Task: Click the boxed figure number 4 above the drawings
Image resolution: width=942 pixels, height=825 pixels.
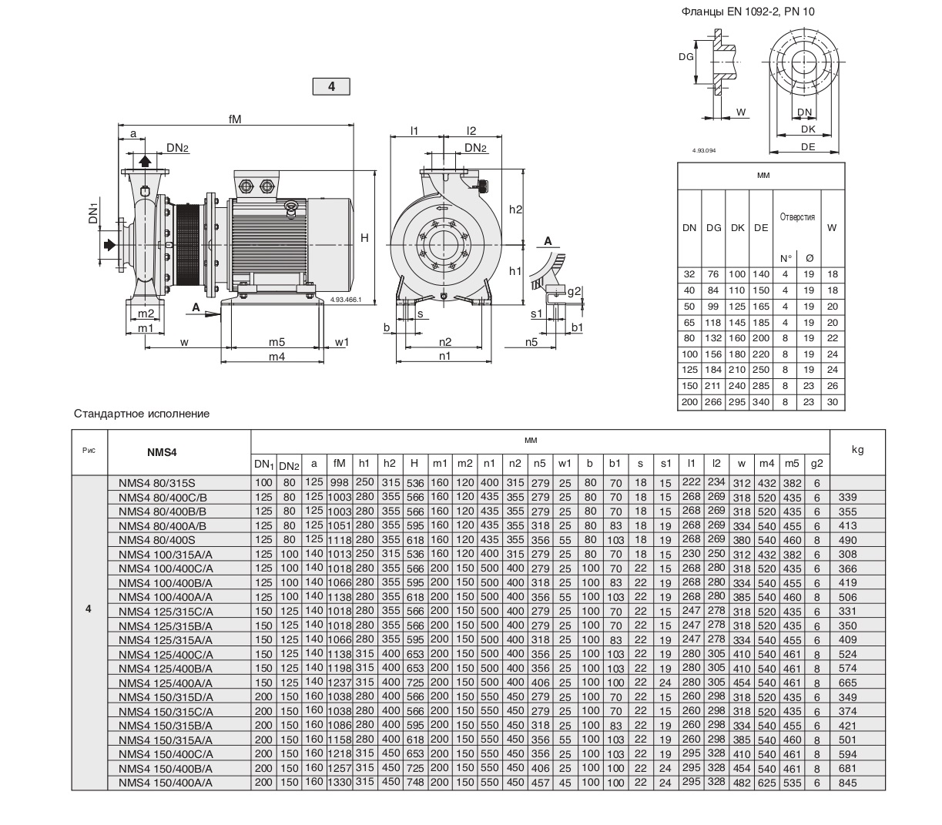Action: coord(331,86)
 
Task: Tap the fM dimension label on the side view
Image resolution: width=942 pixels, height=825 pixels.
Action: coord(235,119)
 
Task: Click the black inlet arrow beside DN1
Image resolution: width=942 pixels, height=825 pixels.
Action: coord(110,245)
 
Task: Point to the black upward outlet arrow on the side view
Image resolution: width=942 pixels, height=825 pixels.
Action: coord(145,161)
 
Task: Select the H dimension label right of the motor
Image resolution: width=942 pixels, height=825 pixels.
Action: coord(364,239)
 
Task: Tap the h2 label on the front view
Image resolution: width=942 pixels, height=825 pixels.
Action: coord(515,210)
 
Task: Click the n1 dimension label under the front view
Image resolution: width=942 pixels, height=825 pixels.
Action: coord(445,356)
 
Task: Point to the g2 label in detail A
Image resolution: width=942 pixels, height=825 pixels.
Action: coord(574,290)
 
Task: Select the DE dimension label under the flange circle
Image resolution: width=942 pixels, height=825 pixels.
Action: coord(807,146)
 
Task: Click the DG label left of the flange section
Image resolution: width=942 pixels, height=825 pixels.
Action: coord(686,56)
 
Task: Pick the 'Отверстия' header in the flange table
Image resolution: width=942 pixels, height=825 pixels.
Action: coord(797,217)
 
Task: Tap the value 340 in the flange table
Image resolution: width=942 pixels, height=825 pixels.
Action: coord(761,402)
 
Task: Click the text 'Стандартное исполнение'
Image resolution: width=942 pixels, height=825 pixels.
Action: coord(142,414)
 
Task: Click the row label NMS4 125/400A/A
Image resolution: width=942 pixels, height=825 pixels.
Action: coord(166,682)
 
